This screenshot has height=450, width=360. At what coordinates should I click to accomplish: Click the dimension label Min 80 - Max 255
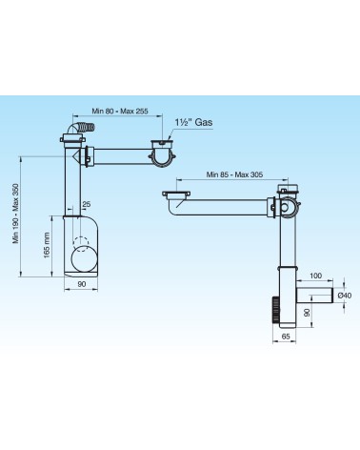120,111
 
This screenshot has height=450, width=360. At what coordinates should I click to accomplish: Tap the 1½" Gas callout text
193,122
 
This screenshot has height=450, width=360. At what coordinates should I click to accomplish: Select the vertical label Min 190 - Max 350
16,214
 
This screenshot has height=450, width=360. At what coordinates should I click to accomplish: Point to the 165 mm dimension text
47,245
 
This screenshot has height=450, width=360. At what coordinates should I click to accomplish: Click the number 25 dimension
87,204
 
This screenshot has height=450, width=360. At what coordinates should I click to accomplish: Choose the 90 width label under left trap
82,284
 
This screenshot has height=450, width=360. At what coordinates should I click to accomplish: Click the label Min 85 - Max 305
234,174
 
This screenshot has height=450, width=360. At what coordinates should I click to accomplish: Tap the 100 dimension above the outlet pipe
315,276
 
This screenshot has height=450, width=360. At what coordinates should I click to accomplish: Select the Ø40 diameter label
345,296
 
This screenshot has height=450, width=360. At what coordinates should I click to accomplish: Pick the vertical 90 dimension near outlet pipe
307,313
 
